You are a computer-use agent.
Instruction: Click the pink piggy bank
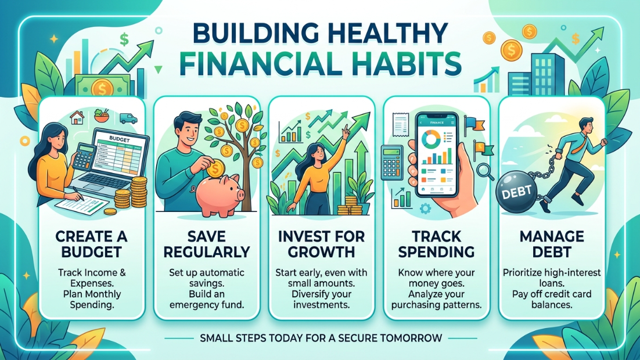click(x=219, y=194)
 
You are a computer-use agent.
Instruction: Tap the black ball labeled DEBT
click(x=517, y=192)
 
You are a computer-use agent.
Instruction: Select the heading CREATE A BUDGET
click(x=91, y=244)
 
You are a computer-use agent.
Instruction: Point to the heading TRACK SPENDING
click(x=436, y=244)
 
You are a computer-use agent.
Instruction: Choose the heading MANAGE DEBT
click(x=551, y=244)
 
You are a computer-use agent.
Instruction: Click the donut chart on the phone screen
click(x=430, y=139)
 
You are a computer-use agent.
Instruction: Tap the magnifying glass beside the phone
click(x=485, y=171)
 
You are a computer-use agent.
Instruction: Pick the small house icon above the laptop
click(x=77, y=117)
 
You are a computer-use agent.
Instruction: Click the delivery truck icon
click(x=128, y=118)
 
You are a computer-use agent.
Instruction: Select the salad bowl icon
click(x=101, y=115)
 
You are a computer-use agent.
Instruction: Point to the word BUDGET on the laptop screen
click(x=120, y=139)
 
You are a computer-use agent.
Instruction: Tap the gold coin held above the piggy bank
click(x=215, y=168)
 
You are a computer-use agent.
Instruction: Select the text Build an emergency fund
click(x=207, y=299)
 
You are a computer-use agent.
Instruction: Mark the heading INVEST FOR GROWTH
click(x=321, y=244)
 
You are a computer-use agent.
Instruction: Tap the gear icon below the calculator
click(x=425, y=208)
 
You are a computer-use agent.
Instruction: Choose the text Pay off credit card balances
click(x=551, y=299)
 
